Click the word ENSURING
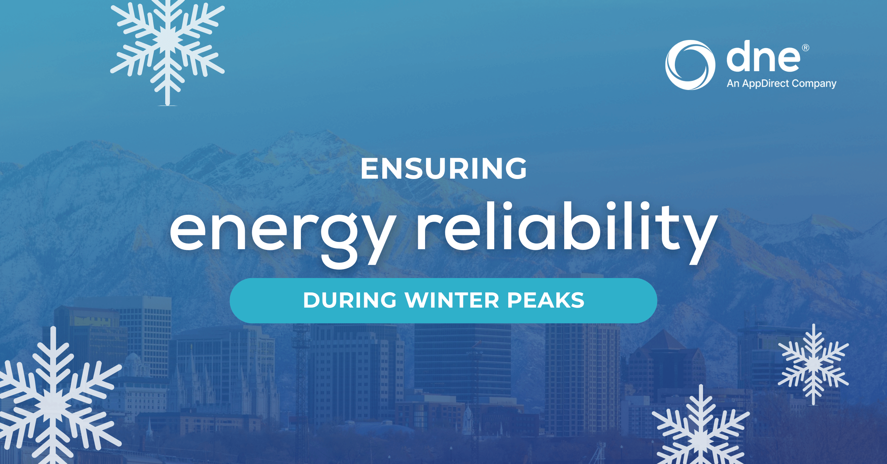click(443, 169)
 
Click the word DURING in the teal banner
click(350, 300)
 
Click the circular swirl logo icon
click(690, 65)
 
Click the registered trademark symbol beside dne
click(805, 48)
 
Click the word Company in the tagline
click(814, 84)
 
